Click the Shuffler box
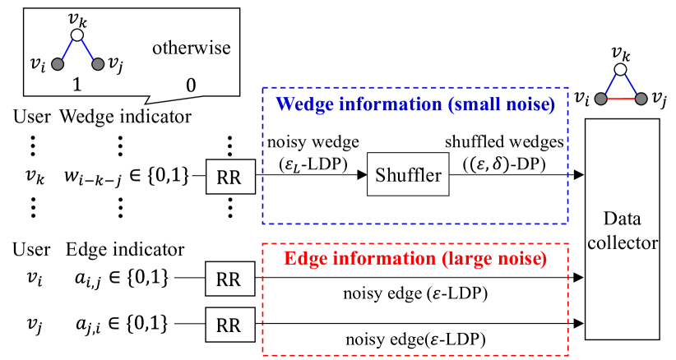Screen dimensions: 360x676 (x=408, y=174)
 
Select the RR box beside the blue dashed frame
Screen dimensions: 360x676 (x=229, y=178)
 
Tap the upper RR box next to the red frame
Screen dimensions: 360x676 (x=229, y=279)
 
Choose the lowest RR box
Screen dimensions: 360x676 (x=229, y=325)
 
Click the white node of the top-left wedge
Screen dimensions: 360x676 (x=77, y=35)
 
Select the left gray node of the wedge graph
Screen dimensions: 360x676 (x=58, y=64)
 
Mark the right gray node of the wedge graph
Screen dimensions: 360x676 (x=98, y=64)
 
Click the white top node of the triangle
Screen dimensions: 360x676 (x=621, y=69)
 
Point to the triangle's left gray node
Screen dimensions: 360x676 (x=601, y=99)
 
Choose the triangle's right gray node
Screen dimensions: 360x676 (x=641, y=99)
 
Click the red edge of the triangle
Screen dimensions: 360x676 (x=621, y=99)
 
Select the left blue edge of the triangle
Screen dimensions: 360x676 (x=611, y=84)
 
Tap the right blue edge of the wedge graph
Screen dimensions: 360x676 (x=88, y=49)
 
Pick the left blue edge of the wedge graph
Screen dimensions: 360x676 (x=67, y=49)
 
